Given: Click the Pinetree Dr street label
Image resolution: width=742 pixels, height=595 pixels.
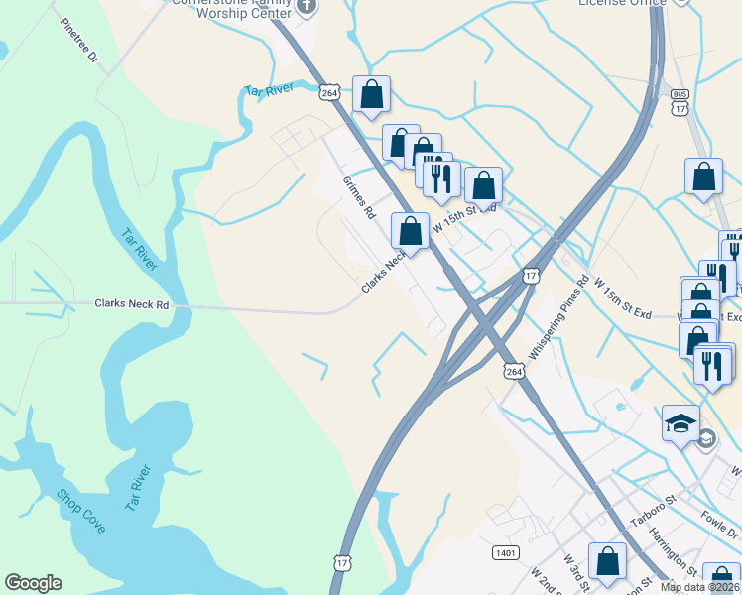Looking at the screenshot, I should (x=80, y=41).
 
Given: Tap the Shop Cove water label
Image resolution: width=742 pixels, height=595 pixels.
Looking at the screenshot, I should (x=80, y=511).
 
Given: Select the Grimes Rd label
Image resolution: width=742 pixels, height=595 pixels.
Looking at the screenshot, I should (x=359, y=197).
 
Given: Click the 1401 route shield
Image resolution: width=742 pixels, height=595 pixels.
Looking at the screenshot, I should (x=505, y=551).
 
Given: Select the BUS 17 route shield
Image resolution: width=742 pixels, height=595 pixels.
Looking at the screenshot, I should (x=680, y=102).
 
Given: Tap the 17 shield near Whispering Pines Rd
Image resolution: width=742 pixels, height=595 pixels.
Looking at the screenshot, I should (x=531, y=276).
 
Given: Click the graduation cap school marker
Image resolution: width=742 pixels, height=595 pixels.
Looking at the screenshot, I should (x=681, y=423).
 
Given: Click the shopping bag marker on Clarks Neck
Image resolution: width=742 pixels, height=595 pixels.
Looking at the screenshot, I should (x=410, y=231).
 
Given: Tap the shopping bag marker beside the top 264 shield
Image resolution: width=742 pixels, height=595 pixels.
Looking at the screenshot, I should (x=371, y=95).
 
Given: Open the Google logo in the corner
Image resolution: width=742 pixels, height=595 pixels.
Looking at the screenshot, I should (x=33, y=583).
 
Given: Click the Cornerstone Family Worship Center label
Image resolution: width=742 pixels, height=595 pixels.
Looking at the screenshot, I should (x=233, y=8).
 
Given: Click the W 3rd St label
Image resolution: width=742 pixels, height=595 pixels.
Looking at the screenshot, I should (x=572, y=574).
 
